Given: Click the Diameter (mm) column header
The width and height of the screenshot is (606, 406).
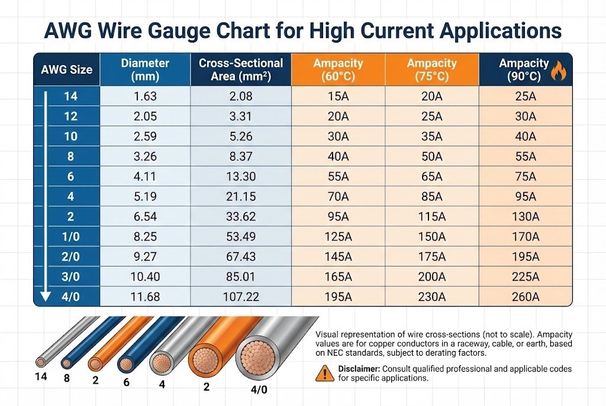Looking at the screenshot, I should (x=145, y=69).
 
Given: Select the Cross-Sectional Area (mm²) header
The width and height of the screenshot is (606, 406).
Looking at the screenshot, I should (x=241, y=69).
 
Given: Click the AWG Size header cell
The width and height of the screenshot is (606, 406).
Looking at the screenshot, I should (x=66, y=69).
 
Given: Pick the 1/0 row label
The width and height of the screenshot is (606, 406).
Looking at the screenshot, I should (x=70, y=237).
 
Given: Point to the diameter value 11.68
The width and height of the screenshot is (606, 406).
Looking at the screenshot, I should (x=145, y=297).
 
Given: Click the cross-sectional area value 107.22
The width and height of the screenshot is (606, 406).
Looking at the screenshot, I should (x=241, y=297).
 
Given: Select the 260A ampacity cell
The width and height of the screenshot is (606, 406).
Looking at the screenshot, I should (x=526, y=297).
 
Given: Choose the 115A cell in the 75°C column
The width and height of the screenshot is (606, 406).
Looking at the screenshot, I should (x=431, y=217).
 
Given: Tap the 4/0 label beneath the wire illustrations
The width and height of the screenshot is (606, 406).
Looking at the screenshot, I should (x=258, y=390).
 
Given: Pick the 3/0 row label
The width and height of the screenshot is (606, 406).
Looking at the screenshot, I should (x=70, y=277).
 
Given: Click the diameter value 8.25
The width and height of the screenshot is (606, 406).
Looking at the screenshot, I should (x=145, y=237).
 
